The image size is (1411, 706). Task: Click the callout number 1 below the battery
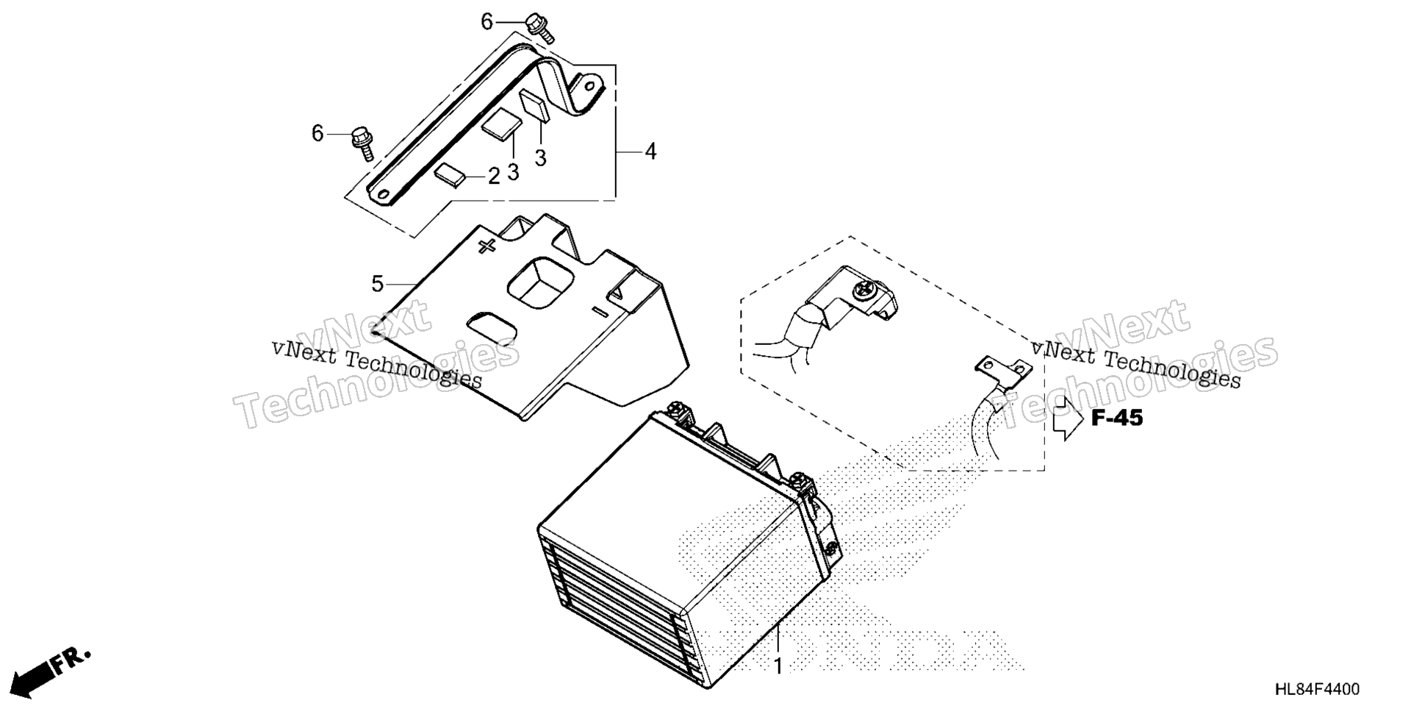tap(778, 666)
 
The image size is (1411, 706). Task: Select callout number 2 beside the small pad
tap(494, 176)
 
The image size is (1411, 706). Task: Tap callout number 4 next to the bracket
tap(650, 151)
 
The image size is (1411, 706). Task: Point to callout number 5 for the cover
tap(378, 284)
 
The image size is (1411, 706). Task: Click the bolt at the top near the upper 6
tap(542, 27)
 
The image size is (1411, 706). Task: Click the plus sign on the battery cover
tap(487, 246)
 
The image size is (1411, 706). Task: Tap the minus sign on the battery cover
tap(600, 312)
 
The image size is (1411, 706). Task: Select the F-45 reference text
tap(1117, 418)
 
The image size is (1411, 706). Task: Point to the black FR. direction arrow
tap(51, 671)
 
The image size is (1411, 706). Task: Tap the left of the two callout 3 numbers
tap(513, 172)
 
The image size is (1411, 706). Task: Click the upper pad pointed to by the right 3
tap(535, 104)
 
